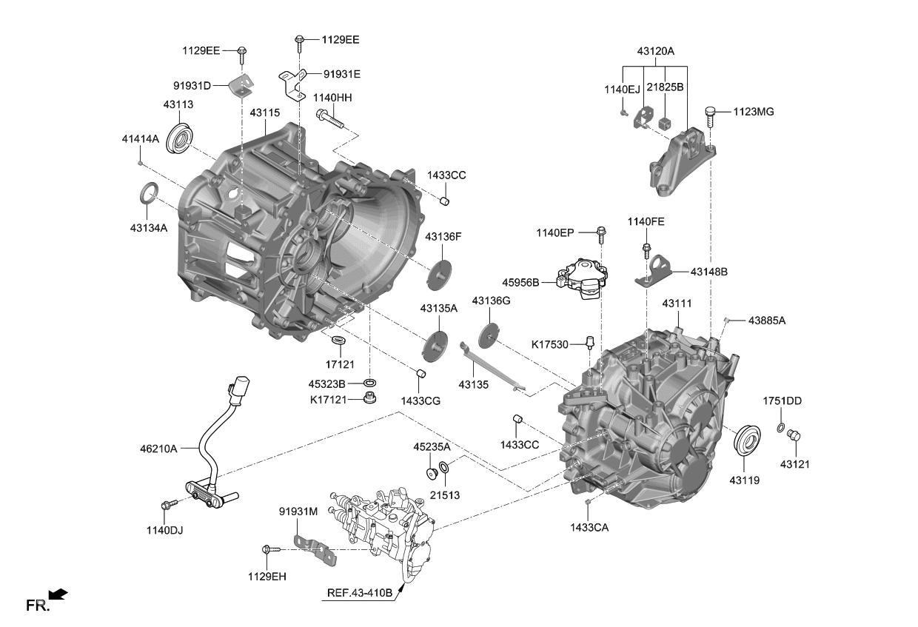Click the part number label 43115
[264, 113]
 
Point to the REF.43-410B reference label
[359, 593]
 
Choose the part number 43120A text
[656, 51]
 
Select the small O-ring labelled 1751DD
[781, 428]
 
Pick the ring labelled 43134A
[148, 192]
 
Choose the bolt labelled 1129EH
[269, 549]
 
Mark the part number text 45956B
[520, 282]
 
